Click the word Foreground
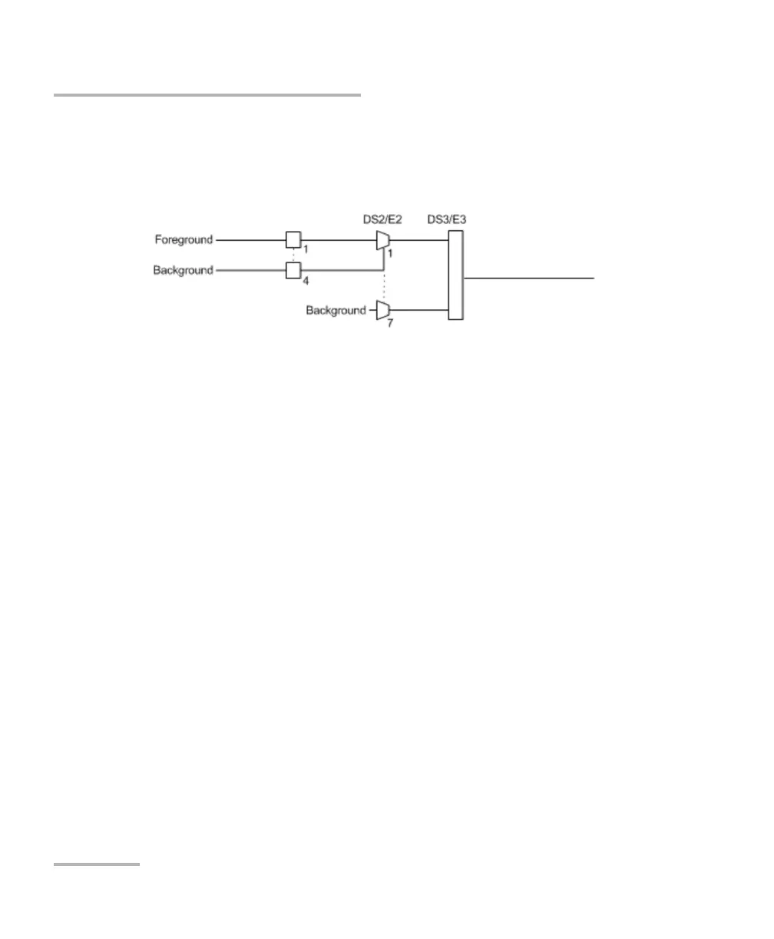184,240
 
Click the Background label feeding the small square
183,271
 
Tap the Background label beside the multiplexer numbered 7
336,311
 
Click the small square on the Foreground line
293,240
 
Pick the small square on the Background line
293,271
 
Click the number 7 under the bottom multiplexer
389,322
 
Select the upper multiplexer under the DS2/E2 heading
383,240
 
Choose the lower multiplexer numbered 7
383,310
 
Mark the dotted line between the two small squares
293,255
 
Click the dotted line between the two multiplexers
383,276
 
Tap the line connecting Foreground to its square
250,240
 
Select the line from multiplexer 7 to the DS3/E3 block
419,310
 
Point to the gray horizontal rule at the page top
207,95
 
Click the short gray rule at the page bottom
97,865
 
